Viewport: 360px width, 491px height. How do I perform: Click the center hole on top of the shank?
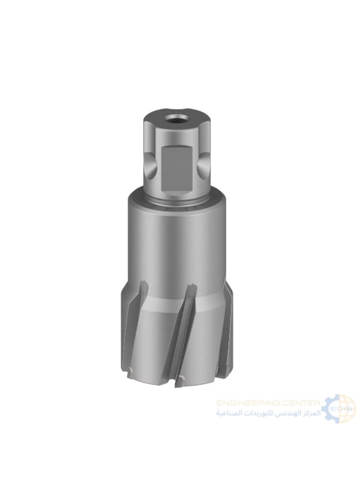(177, 119)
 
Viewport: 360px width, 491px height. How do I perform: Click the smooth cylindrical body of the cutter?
(177, 240)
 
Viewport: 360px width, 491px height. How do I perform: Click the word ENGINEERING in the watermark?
(250, 403)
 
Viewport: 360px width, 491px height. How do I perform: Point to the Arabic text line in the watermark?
(267, 414)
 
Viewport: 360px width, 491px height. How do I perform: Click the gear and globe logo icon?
(339, 408)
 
